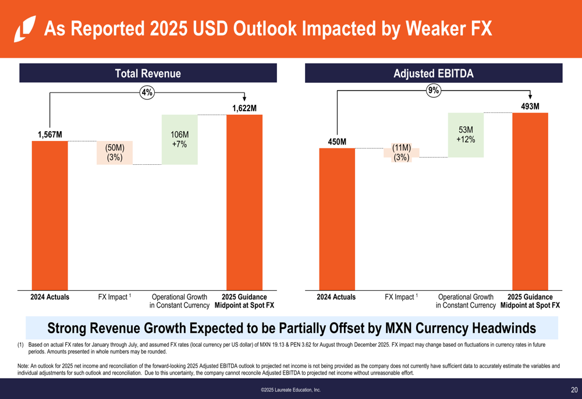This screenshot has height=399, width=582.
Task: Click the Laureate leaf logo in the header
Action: (24, 29)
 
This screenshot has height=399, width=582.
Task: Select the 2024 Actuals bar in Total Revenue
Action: (49, 216)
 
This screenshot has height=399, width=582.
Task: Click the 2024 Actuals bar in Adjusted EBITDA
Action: (337, 219)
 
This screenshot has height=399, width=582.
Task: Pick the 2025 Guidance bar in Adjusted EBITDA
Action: (530, 201)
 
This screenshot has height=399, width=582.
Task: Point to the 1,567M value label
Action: (50, 135)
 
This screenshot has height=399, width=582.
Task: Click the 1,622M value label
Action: (244, 108)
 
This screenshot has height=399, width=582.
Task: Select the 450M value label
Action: (337, 142)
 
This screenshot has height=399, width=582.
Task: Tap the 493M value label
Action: (530, 107)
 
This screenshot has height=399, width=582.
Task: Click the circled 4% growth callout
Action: (147, 92)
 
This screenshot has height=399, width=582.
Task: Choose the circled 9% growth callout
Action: (434, 90)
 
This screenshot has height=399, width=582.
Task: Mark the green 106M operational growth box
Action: (180, 140)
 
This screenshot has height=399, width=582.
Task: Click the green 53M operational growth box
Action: (466, 135)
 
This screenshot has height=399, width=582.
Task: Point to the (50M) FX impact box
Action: (115, 152)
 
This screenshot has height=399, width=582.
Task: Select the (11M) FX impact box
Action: (401, 153)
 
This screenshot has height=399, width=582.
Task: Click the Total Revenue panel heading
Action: (148, 73)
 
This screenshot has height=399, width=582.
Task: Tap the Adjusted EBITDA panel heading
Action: (434, 73)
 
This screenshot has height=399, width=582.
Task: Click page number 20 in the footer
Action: (574, 390)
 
